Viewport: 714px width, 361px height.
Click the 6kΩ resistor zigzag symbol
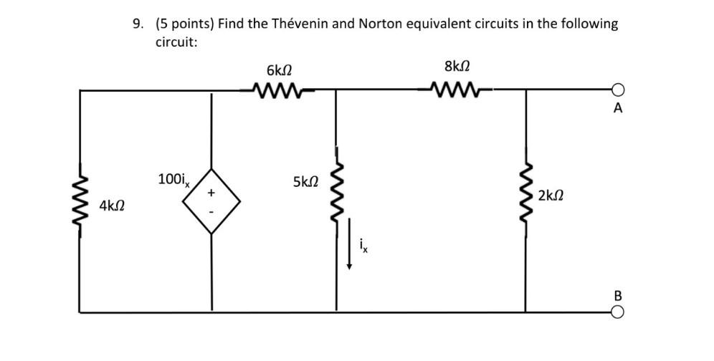[x=279, y=90]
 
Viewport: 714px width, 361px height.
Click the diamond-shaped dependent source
[x=211, y=201]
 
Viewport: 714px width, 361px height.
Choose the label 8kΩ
[x=457, y=67]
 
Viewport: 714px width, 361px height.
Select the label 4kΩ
[x=112, y=206]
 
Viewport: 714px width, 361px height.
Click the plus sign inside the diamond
[x=211, y=192]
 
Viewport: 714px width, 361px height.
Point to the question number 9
[x=136, y=24]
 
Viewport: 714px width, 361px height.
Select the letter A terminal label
[x=618, y=110]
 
